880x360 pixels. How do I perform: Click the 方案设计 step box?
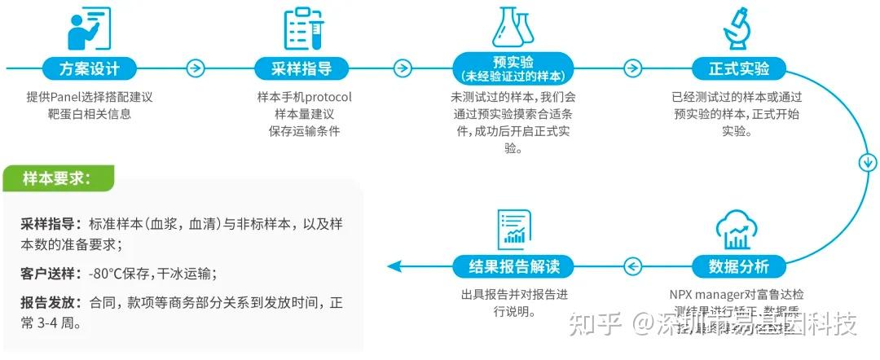point(89,68)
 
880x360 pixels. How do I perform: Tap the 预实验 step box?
point(513,68)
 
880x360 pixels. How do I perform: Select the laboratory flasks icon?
point(513,26)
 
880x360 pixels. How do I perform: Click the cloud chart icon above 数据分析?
point(737,230)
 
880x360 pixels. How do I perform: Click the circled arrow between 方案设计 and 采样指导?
point(195,68)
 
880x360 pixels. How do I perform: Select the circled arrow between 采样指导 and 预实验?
point(402,68)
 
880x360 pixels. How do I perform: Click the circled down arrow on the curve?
point(866,162)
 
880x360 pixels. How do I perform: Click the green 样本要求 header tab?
point(57,178)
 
